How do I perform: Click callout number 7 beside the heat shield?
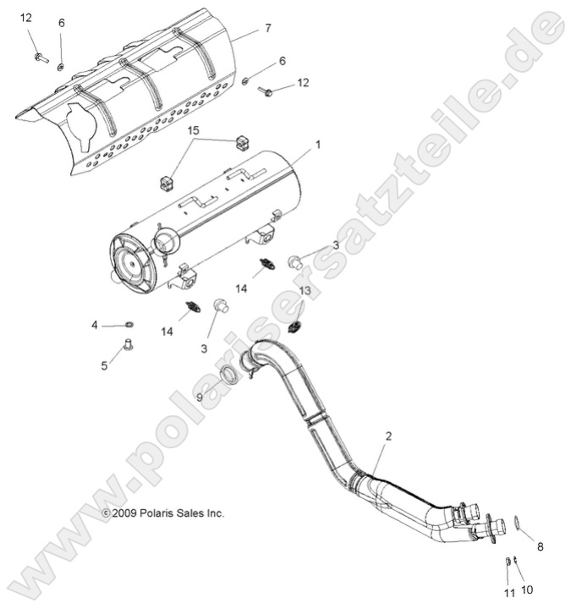coord(267,28)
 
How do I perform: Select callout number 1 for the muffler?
coord(318,145)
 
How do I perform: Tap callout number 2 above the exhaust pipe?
coord(388,436)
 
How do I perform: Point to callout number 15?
coord(194,132)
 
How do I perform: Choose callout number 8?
coord(541,547)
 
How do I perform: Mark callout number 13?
coord(305,291)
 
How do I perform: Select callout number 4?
coord(95,324)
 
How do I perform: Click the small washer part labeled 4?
coord(128,323)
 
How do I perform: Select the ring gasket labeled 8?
coord(515,528)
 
